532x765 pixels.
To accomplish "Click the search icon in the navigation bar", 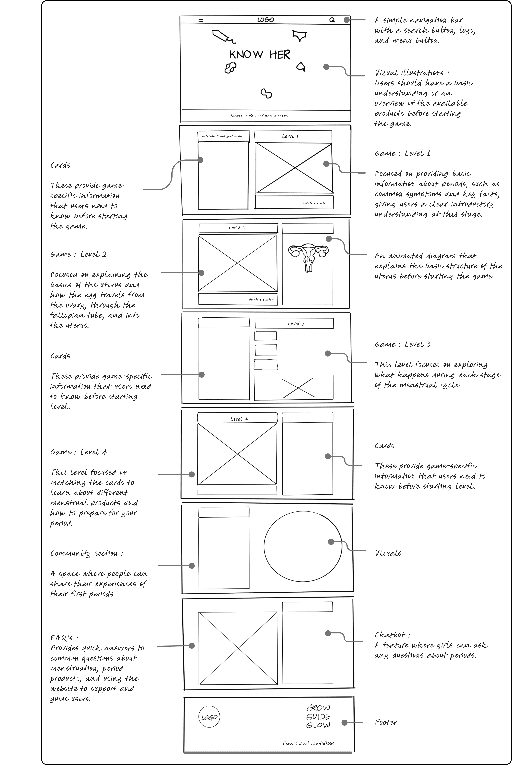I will pos(332,20).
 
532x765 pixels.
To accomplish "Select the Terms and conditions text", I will pos(308,743).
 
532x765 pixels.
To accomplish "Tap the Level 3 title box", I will pos(296,323).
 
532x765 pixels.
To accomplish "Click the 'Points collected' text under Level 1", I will pos(315,203).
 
